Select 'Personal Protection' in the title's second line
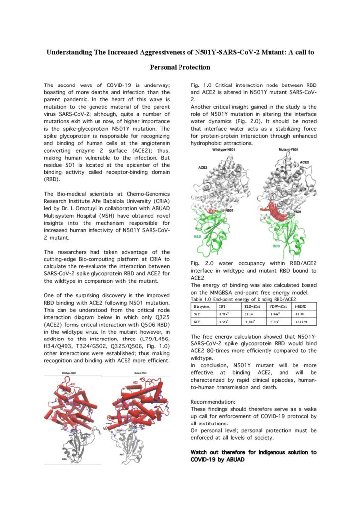click(180, 67)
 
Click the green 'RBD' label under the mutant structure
click(292, 245)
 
